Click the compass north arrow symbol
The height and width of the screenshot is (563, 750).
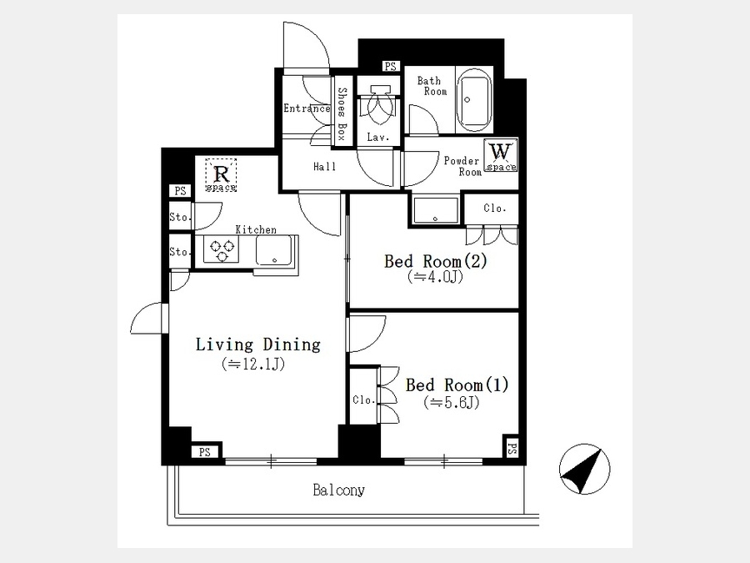click(584, 469)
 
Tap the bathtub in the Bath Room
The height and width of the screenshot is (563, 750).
click(474, 99)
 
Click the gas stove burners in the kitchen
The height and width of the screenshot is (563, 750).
click(222, 250)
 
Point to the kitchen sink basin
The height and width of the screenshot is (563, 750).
click(274, 250)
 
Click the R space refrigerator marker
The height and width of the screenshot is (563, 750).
click(221, 175)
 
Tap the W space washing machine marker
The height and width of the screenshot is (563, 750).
click(500, 155)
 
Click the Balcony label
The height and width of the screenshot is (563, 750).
click(338, 490)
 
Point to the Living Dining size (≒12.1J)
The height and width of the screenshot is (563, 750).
click(253, 364)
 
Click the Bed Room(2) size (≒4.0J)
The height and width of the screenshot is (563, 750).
click(435, 277)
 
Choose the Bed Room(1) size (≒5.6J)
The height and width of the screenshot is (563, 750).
click(452, 403)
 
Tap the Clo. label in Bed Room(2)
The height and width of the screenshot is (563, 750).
click(494, 209)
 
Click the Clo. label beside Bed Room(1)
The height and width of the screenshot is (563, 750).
click(364, 400)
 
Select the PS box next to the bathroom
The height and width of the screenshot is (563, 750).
click(390, 67)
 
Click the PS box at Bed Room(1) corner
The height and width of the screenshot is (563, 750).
click(512, 449)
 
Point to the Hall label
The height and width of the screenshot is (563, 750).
click(325, 167)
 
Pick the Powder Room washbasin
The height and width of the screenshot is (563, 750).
click(435, 210)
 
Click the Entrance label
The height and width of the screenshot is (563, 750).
click(307, 108)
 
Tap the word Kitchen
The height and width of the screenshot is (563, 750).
click(256, 230)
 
